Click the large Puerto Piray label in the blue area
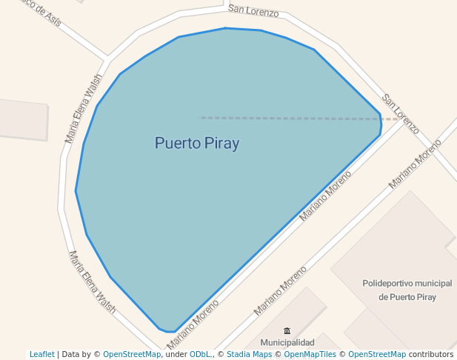[197, 143]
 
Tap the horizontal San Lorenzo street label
[253, 10]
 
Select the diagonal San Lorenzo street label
[401, 114]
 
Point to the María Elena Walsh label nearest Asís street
[83, 113]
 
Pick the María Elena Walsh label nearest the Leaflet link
[92, 282]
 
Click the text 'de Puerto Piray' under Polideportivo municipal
[407, 297]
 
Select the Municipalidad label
[287, 342]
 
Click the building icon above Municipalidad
[287, 330]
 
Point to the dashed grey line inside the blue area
[289, 118]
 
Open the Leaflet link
[42, 354]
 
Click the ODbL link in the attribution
[201, 354]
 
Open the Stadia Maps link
[249, 354]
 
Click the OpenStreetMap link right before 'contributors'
[377, 354]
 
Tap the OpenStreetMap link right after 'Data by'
[132, 354]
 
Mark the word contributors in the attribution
[431, 354]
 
